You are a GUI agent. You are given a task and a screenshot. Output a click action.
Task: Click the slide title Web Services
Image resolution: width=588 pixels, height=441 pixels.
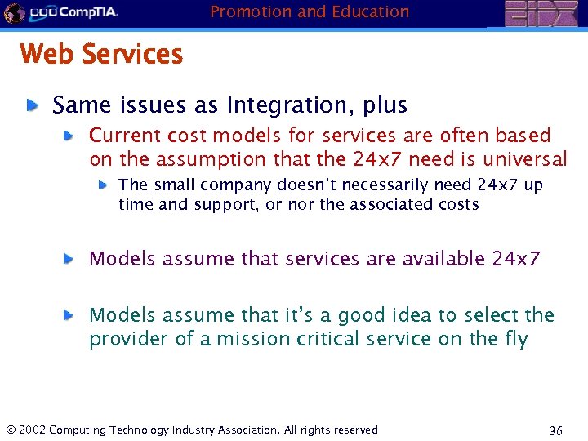pyautogui.click(x=101, y=55)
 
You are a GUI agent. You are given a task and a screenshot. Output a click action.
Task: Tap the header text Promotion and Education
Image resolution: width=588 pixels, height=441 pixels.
pyautogui.click(x=310, y=11)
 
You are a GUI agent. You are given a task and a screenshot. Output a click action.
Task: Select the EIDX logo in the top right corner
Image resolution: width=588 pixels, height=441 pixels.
pyautogui.click(x=540, y=14)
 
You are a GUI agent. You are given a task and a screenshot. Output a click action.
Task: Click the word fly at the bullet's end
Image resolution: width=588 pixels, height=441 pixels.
pyautogui.click(x=512, y=338)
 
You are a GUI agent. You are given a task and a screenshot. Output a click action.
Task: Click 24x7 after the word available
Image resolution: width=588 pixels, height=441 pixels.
pyautogui.click(x=516, y=259)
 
